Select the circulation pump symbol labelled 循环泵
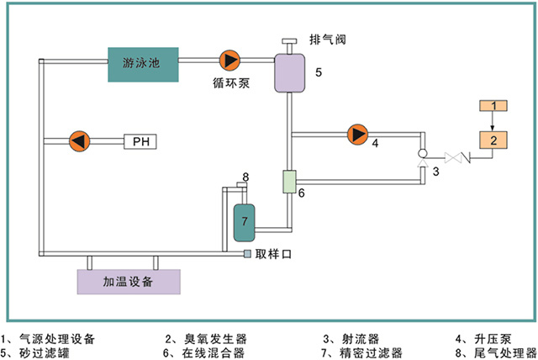pyautogui.click(x=229, y=60)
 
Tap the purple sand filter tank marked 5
pyautogui.click(x=289, y=72)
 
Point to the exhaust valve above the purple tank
pyautogui.click(x=289, y=42)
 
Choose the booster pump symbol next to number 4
pyautogui.click(x=357, y=134)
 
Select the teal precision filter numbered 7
pyautogui.click(x=245, y=220)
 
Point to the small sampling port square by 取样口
pyautogui.click(x=248, y=254)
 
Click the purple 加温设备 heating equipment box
pyautogui.click(x=128, y=282)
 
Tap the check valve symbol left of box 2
pyautogui.click(x=454, y=156)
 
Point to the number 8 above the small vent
pyautogui.click(x=245, y=177)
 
